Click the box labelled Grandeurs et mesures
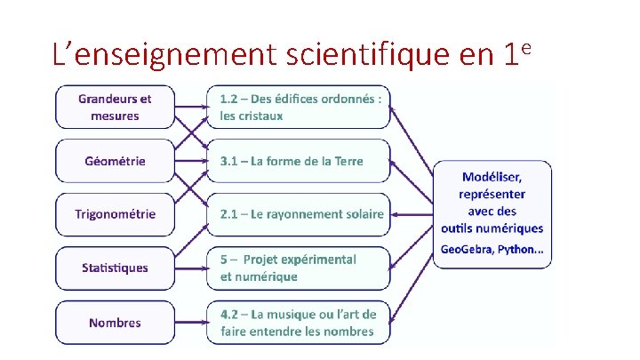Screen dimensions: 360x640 point(115,107)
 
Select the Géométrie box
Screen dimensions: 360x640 point(115,161)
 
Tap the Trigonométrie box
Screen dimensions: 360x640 point(115,214)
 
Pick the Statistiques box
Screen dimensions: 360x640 point(115,268)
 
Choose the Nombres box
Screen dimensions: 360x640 point(115,323)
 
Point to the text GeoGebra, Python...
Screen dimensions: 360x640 point(492,249)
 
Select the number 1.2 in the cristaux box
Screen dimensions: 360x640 point(229,99)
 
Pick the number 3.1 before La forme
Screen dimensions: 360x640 point(229,161)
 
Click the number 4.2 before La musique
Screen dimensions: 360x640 point(229,315)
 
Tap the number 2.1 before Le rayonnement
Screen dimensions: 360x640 point(229,214)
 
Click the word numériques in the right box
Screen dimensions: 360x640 point(510,228)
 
